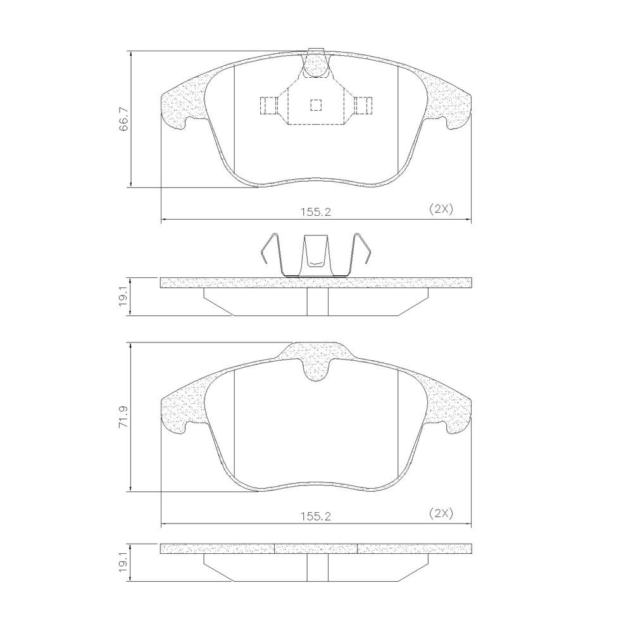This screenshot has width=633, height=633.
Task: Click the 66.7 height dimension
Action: pos(123,119)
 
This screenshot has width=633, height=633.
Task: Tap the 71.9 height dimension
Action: pos(123,417)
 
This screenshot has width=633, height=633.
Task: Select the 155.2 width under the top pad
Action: pos(316,212)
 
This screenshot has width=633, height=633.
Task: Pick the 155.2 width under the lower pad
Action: pos(316,517)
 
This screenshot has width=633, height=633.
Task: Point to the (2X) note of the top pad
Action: pos(441,209)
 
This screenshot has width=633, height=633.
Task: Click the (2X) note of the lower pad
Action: pos(441,513)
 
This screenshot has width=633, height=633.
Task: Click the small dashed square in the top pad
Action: pos(316,105)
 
